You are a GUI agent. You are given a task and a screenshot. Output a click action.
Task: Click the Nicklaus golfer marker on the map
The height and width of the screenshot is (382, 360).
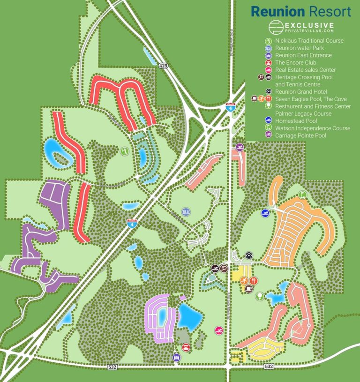(x=124, y=151)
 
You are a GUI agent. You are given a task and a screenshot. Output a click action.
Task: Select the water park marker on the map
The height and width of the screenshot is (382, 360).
(x=186, y=211)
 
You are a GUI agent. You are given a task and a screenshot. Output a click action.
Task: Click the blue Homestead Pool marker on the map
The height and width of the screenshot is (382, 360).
(x=266, y=213)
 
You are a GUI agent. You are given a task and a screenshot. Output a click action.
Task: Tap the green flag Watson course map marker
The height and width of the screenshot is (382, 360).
(x=302, y=194)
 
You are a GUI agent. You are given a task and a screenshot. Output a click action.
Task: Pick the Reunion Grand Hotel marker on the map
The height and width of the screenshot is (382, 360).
(x=248, y=255)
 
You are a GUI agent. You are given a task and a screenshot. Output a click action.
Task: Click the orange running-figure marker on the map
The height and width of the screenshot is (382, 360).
(x=244, y=280)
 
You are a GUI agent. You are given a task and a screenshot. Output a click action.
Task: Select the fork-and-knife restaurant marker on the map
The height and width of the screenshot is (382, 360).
(x=254, y=280)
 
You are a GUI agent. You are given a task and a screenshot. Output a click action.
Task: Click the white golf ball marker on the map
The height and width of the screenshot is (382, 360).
(x=259, y=296)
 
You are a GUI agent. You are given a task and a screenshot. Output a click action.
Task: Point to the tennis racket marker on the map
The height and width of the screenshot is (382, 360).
(x=223, y=268)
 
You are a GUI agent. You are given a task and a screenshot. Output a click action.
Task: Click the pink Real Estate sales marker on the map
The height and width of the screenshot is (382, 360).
(x=218, y=330)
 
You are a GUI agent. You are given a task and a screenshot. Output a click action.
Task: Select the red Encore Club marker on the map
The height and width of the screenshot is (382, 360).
(x=186, y=348)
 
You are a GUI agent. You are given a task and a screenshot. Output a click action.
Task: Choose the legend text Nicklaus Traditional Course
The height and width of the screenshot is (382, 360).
(x=309, y=41)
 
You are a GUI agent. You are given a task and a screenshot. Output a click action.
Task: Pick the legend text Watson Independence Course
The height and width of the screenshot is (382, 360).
(x=313, y=128)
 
